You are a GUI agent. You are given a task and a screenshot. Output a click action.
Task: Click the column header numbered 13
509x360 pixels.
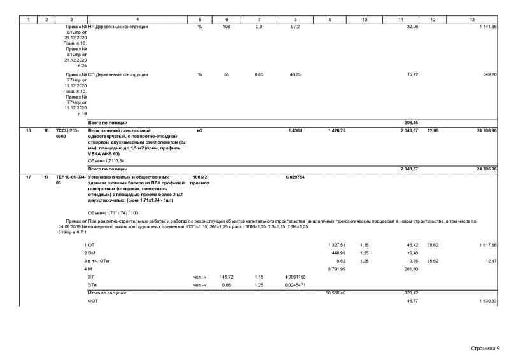coord(472,20)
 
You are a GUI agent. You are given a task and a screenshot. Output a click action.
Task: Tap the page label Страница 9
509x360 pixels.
coord(485,348)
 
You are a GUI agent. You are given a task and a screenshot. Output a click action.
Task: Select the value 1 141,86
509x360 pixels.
coord(488,27)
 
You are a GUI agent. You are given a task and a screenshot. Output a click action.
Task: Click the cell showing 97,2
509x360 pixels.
coord(295,27)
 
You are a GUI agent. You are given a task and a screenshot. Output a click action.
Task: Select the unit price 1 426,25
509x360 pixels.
coord(337,130)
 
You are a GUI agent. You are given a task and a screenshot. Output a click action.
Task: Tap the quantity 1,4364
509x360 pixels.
coord(295,130)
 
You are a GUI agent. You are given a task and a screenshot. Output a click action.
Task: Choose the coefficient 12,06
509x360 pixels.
coord(432,130)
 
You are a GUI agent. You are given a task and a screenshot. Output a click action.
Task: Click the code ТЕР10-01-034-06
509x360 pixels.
coord(70,179)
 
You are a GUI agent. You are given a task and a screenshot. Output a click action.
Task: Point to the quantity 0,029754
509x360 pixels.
coord(296,176)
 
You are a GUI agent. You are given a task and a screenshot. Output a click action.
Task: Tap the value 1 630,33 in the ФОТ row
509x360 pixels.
coord(488,300)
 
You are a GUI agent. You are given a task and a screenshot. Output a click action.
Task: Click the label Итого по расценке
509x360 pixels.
coord(108,293)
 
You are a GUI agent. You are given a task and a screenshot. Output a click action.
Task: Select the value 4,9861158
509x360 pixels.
coord(295,277)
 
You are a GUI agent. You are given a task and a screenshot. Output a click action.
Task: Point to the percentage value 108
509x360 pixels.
coord(227,27)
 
